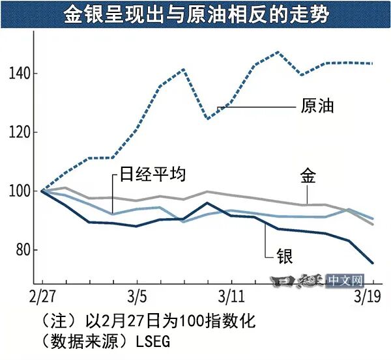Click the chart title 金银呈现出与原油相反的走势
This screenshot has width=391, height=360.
(195, 14)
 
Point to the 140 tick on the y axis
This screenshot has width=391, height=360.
(20, 74)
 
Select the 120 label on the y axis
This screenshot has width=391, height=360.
(20, 132)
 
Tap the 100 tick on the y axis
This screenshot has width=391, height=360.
(20, 191)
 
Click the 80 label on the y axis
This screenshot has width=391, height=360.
(23, 250)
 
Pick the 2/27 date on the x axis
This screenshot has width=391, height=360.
(42, 298)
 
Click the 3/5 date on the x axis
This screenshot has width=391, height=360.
(136, 298)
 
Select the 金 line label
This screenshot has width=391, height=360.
(308, 176)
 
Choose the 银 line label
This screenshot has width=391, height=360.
(284, 255)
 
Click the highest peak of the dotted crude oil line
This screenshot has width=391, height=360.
(278, 52)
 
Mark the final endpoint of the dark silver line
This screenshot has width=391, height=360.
(373, 264)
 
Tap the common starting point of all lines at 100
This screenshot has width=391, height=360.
(42, 191)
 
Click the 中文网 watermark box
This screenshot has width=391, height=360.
(345, 281)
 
